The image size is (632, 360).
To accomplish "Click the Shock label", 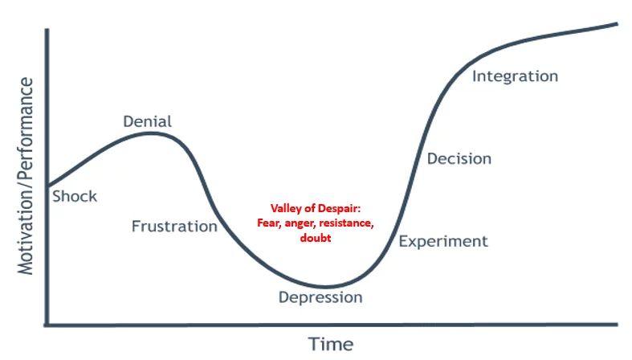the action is click(x=75, y=196).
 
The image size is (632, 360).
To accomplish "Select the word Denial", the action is click(x=147, y=121).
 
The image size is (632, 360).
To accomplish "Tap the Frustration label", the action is click(x=174, y=226).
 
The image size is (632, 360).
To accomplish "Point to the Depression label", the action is click(x=320, y=297).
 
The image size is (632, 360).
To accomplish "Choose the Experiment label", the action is click(x=443, y=242).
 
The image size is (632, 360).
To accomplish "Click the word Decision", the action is click(x=459, y=158).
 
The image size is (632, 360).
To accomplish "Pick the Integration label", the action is click(x=515, y=76).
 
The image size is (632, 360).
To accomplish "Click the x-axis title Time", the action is click(x=331, y=345).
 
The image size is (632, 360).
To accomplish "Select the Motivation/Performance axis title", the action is click(x=26, y=176).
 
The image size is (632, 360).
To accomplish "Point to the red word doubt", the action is click(x=316, y=237).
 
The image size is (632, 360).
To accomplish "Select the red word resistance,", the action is click(x=349, y=223).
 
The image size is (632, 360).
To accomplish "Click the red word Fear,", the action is click(x=270, y=223).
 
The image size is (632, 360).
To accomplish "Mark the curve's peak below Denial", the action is click(x=151, y=133).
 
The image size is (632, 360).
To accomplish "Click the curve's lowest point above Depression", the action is click(x=326, y=287).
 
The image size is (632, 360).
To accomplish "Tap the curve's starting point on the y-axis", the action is click(x=48, y=186).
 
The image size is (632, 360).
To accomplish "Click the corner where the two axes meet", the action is click(x=47, y=325).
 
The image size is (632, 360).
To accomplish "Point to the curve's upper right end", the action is click(x=617, y=24).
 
